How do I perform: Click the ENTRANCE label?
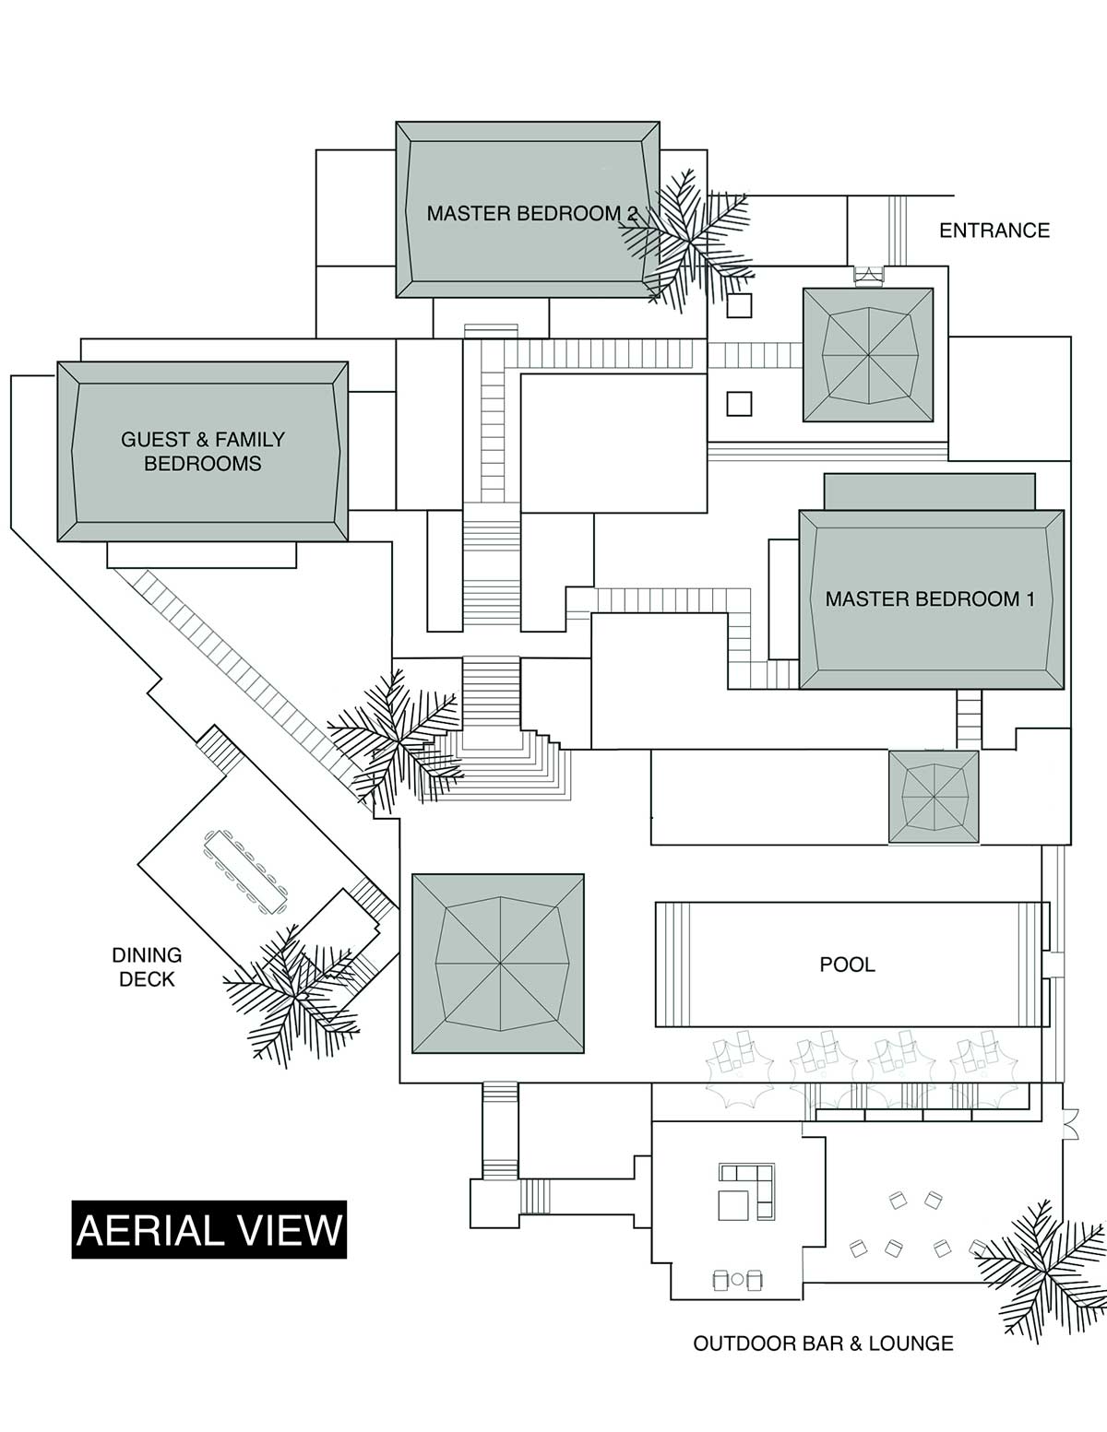[994, 231]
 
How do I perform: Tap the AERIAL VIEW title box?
[209, 1230]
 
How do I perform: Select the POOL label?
[847, 965]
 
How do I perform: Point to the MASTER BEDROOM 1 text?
[930, 599]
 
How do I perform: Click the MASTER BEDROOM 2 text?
[531, 214]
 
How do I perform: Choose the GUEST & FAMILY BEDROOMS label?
[202, 452]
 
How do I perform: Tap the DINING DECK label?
[147, 966]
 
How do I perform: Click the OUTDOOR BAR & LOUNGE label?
[824, 1343]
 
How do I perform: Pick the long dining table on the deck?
[246, 872]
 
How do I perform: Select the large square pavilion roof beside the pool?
[498, 964]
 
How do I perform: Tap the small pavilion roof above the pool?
[934, 797]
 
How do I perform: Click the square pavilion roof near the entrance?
[868, 355]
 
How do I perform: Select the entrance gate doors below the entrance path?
[868, 276]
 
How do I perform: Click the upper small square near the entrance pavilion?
[739, 306]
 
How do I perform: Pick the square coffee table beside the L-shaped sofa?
[733, 1204]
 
